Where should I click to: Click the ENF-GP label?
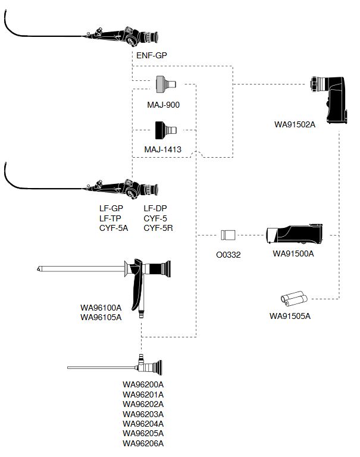[152, 55]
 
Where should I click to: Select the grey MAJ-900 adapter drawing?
[166, 84]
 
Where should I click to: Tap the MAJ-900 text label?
[163, 105]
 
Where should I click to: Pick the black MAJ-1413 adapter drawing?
[165, 130]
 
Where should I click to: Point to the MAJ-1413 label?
[162, 149]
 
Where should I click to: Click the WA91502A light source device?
[329, 100]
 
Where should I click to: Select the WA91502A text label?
[295, 124]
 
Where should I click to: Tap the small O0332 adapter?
[228, 235]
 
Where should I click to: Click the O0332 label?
[228, 255]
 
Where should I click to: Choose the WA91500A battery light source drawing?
[295, 234]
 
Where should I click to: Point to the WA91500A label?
[293, 253]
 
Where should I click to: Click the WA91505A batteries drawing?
[294, 299]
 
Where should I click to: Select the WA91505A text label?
[290, 316]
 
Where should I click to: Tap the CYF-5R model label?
[158, 228]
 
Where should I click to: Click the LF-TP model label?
[110, 218]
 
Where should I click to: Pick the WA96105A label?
[101, 317]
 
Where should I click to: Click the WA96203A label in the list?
[143, 414]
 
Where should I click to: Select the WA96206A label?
[143, 443]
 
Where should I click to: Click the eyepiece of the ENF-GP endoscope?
[152, 37]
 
